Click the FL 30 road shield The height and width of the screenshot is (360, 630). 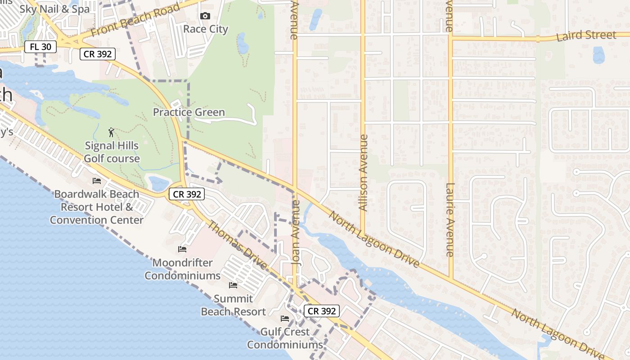pos(40,46)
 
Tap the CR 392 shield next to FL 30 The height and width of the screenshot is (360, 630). pos(98,54)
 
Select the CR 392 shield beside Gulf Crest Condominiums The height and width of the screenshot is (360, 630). pos(321,311)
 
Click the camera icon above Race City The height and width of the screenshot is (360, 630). pos(205,16)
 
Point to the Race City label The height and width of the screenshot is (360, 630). pos(206,29)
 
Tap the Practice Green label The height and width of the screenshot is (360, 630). pos(189,112)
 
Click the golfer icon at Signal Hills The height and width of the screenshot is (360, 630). pos(112,132)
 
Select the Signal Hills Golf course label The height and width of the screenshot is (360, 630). pos(112,152)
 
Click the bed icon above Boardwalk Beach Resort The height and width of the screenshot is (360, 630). pos(96,181)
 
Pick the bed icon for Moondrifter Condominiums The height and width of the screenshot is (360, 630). pos(182,249)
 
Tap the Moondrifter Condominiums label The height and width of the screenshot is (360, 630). pos(182,269)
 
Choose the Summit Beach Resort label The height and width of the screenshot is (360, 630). pos(233,305)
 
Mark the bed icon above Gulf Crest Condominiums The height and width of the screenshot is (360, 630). pos(285,319)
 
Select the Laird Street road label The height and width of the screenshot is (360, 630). pos(586,36)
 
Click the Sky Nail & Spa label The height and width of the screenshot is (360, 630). pos(54,9)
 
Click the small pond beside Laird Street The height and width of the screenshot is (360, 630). pos(598,55)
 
